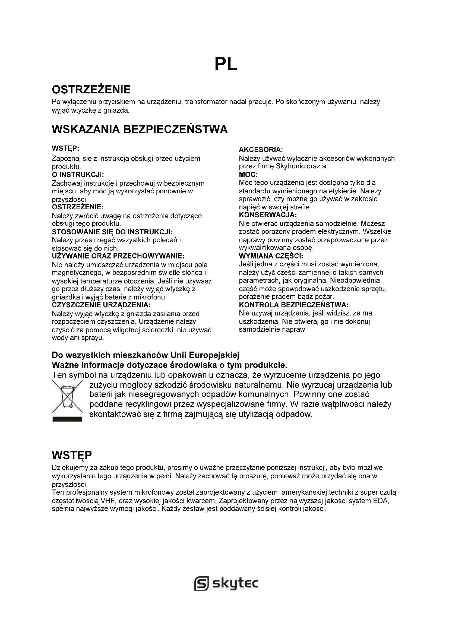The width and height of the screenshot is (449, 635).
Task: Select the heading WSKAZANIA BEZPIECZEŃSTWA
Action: click(x=140, y=129)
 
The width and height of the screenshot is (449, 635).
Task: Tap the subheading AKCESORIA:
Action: click(x=261, y=150)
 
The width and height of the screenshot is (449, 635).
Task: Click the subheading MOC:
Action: click(x=248, y=175)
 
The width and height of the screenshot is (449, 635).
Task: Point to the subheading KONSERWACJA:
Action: click(x=268, y=215)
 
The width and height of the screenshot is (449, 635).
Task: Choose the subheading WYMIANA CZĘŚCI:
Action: click(x=271, y=256)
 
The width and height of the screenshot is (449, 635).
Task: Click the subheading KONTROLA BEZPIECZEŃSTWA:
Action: click(x=293, y=305)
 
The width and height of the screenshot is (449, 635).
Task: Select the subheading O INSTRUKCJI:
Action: click(x=78, y=175)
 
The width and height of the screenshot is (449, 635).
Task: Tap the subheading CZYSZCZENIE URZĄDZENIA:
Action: click(x=101, y=305)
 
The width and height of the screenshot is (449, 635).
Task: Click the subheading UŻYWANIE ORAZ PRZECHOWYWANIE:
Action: click(x=118, y=256)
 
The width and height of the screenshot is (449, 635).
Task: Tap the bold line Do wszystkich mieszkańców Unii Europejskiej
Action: click(x=146, y=355)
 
